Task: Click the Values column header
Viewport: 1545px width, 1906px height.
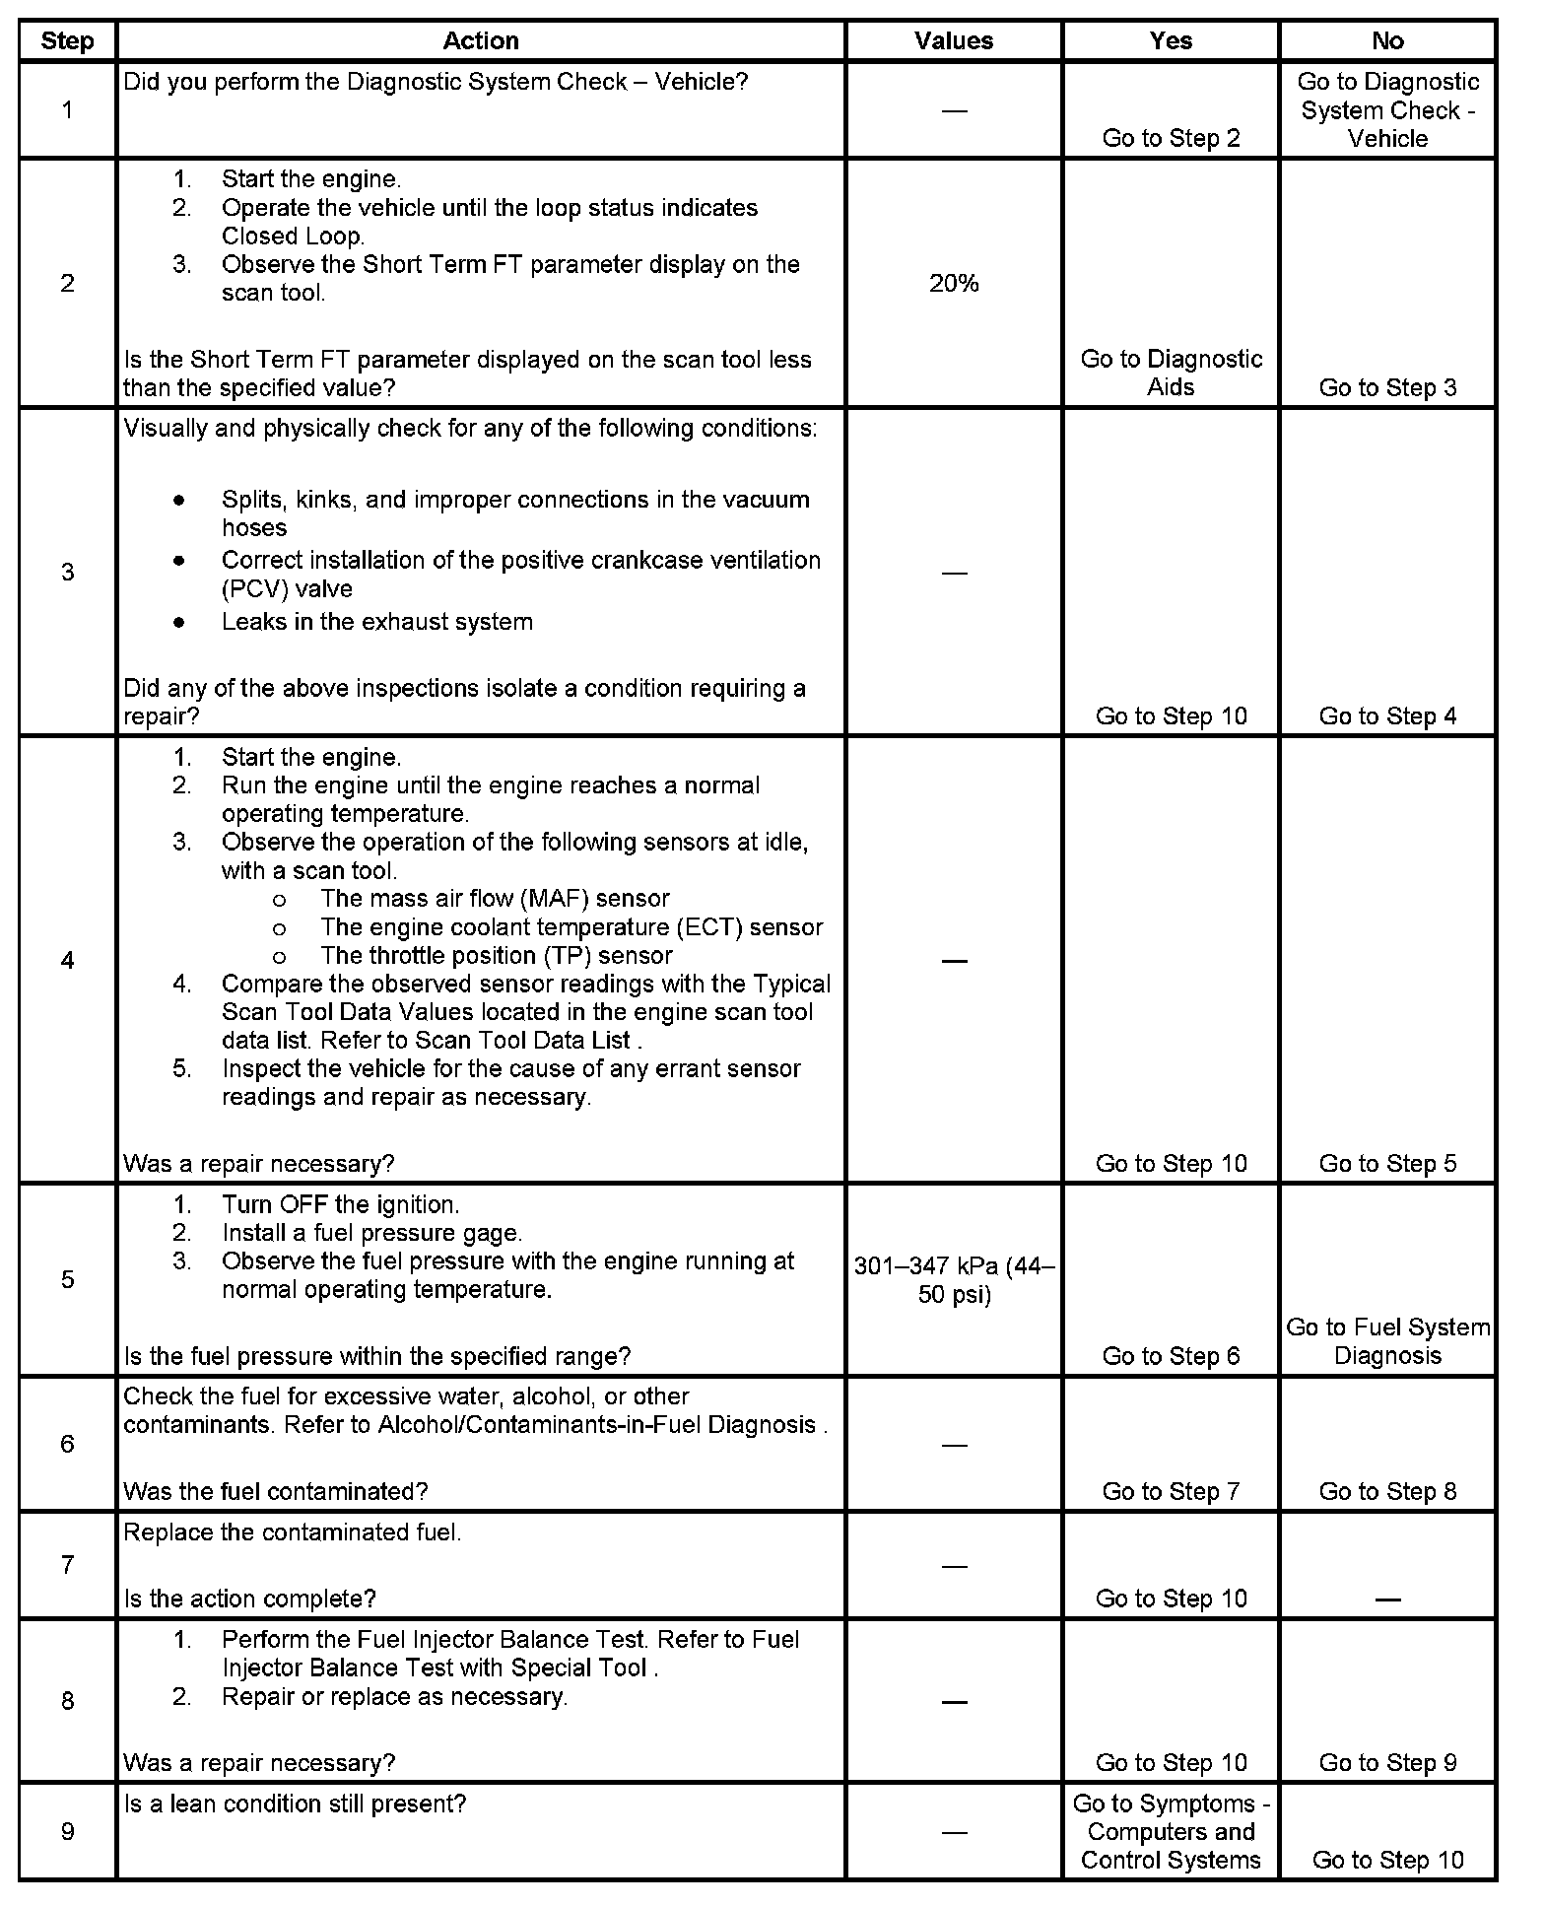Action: point(953,40)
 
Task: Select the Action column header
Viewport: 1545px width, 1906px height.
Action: point(480,40)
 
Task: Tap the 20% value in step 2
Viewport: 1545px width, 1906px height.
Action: point(953,284)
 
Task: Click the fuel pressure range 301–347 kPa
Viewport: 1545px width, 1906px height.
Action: point(953,1279)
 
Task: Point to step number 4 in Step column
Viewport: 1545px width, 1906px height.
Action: point(67,960)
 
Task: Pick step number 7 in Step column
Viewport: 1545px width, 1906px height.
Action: point(67,1565)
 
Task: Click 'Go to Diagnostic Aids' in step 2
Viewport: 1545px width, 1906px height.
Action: point(1171,373)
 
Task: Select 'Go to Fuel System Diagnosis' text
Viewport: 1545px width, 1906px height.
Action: point(1387,1341)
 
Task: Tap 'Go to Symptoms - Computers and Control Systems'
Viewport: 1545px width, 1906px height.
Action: point(1171,1831)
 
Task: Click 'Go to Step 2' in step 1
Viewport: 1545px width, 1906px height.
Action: point(1171,138)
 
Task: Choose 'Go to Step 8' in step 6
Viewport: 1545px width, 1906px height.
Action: point(1387,1491)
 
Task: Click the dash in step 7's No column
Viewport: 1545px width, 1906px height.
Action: point(1387,1600)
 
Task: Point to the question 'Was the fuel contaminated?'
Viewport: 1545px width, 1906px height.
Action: point(276,1491)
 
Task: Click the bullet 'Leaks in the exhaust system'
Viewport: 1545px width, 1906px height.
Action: point(376,622)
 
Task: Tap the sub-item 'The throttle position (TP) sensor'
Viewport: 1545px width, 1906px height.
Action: point(496,955)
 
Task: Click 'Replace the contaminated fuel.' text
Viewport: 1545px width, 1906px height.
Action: point(293,1532)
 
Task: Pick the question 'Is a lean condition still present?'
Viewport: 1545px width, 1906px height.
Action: point(295,1804)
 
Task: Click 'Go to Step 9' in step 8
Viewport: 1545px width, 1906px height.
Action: point(1387,1762)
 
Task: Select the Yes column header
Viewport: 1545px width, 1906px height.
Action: point(1171,40)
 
